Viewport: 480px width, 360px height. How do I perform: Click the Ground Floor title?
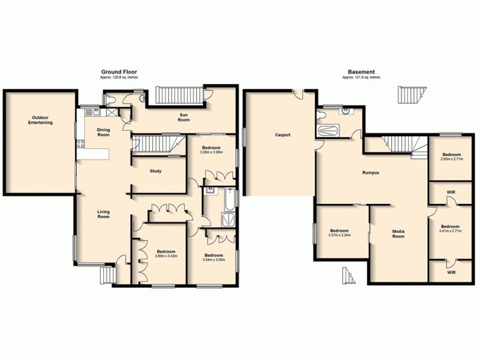pyautogui.click(x=117, y=71)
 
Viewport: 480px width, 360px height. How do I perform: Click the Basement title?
pyautogui.click(x=361, y=71)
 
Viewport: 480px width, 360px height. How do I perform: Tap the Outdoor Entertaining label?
pyautogui.click(x=40, y=119)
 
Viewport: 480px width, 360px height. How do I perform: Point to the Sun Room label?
pyautogui.click(x=184, y=117)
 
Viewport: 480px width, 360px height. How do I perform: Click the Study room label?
pyautogui.click(x=155, y=171)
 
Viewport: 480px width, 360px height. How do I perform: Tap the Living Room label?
pyautogui.click(x=104, y=214)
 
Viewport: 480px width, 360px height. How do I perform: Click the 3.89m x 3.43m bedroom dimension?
pyautogui.click(x=165, y=256)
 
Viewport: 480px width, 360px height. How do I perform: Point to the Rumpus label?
pyautogui.click(x=370, y=173)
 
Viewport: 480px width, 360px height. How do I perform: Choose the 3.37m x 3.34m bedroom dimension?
pyautogui.click(x=339, y=235)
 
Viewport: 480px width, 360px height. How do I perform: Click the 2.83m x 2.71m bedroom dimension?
pyautogui.click(x=452, y=160)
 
